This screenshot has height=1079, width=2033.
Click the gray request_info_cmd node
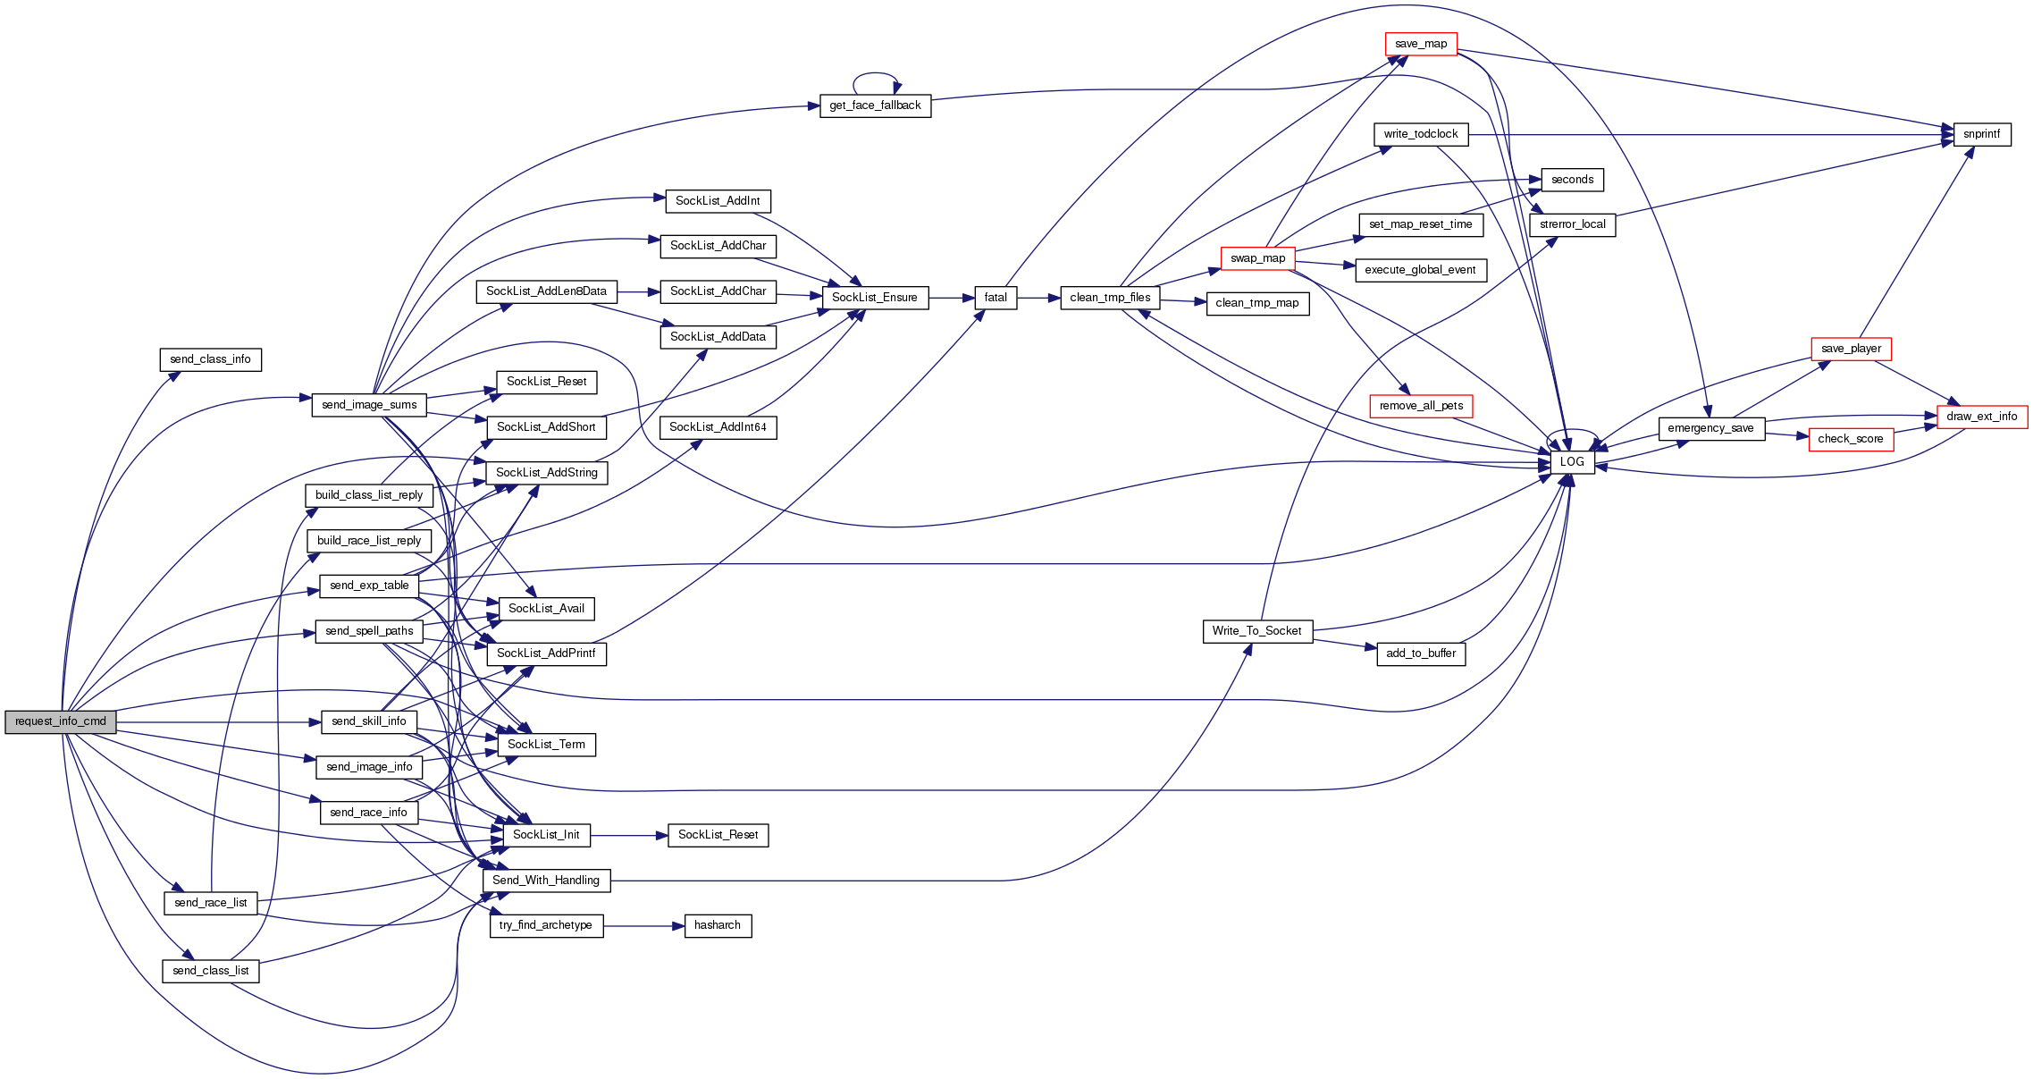coord(61,721)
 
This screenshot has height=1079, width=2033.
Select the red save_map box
coord(1420,44)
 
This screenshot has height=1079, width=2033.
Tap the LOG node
coord(1572,462)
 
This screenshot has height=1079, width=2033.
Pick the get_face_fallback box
coord(875,105)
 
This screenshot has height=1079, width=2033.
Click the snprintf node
coord(1981,134)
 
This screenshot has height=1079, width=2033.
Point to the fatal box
coord(995,298)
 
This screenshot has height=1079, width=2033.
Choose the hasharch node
coord(718,925)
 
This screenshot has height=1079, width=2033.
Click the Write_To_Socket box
coord(1256,631)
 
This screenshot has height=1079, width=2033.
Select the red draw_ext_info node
coord(1981,417)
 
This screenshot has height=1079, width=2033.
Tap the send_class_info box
coord(210,359)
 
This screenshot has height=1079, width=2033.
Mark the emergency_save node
coord(1710,428)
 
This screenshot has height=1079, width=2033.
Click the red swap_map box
coord(1257,258)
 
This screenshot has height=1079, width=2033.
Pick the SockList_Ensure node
coord(874,298)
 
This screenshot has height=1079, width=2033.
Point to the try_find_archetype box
coord(546,925)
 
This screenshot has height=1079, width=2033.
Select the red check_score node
coord(1850,439)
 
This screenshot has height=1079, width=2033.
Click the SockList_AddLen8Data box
coord(546,291)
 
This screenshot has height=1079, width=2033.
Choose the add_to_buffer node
coord(1421,653)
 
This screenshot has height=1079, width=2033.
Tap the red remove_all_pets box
coord(1421,406)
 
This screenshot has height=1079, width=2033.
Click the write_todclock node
coord(1420,134)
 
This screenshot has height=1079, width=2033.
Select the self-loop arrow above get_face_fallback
coord(875,75)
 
